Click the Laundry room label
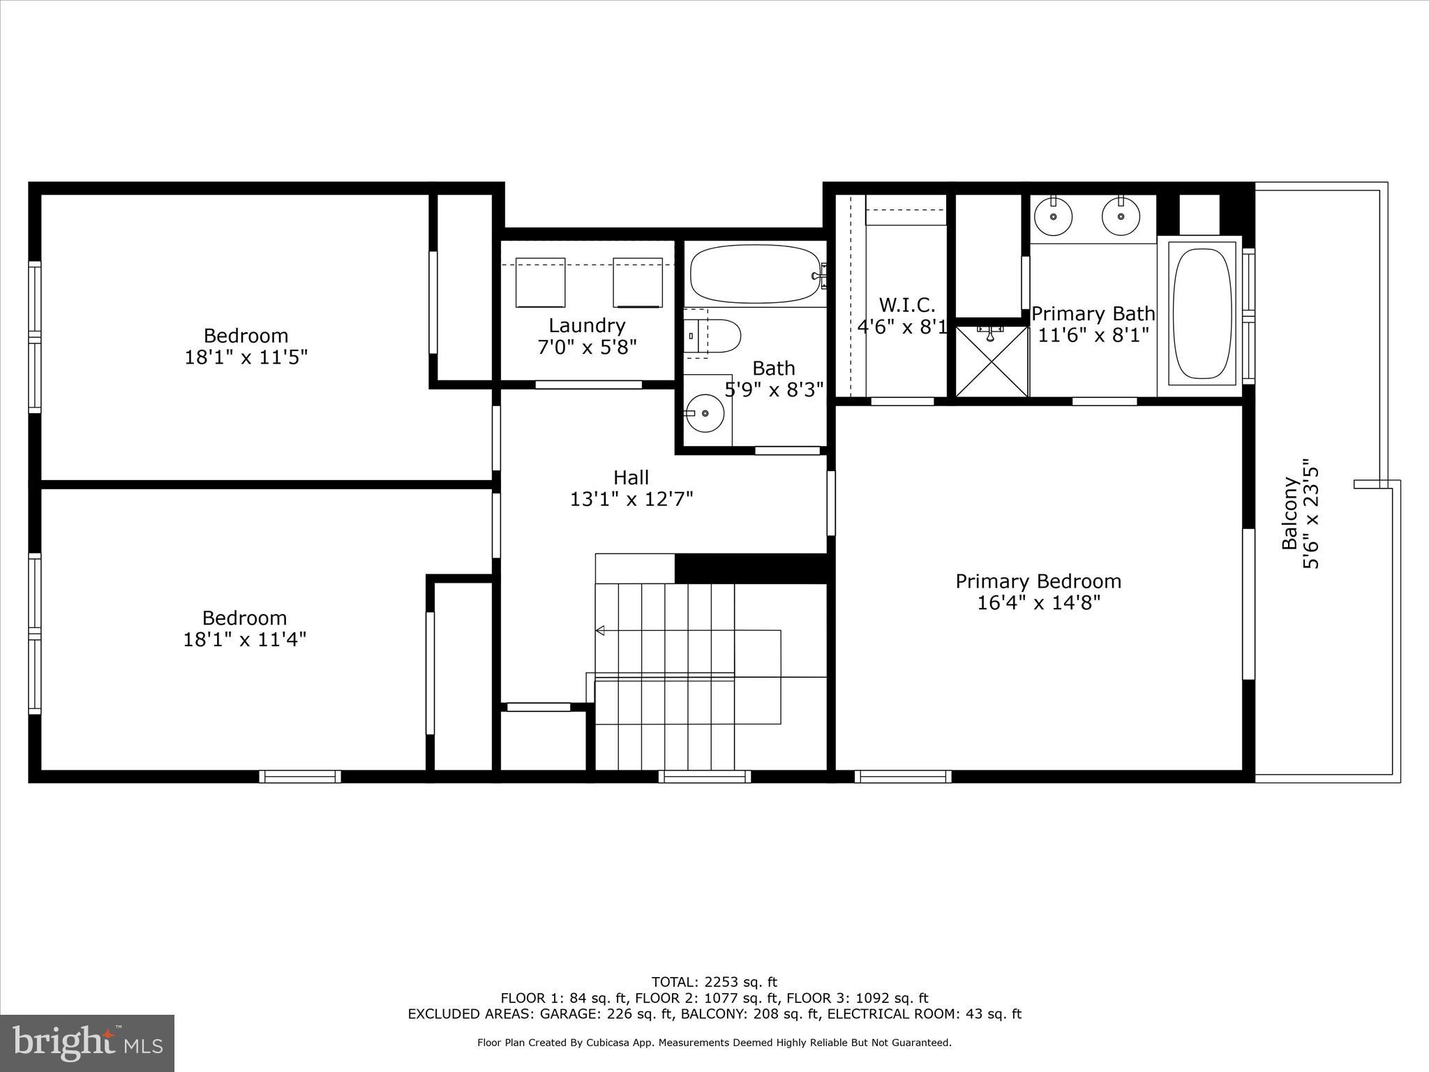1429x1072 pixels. pos(587,325)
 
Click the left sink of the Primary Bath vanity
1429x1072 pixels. pos(1053,216)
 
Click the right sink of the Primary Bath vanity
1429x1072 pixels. pos(1121,216)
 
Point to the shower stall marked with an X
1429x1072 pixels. pos(992,362)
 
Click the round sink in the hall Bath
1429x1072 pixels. pos(705,413)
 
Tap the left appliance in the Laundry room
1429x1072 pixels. pos(540,282)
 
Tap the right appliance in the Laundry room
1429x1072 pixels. pos(637,282)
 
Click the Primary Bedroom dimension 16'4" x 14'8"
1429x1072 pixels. pos(1038,603)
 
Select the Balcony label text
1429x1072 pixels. pos(1290,513)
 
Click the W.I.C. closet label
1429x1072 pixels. pos(906,305)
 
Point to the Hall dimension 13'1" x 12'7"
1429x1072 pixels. pos(631,500)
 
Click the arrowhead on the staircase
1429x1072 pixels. pos(599,631)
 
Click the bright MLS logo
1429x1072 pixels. pos(87,1043)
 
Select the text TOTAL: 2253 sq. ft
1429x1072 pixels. pos(714,983)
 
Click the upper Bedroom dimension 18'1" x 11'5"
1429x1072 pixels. pos(246,357)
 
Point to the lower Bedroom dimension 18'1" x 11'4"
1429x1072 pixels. pos(244,639)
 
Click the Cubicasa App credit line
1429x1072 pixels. pos(714,1043)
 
